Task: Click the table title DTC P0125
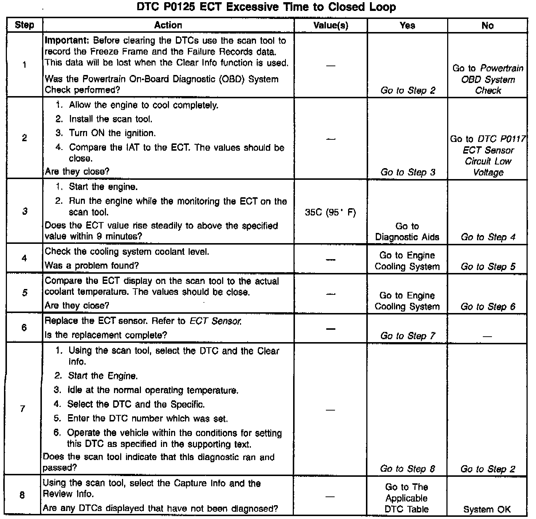click(266, 7)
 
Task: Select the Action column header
click(168, 25)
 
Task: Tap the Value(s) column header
click(331, 25)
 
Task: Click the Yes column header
click(407, 25)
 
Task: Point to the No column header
click(487, 25)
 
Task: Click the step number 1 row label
click(24, 65)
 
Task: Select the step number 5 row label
click(24, 293)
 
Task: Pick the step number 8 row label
click(22, 495)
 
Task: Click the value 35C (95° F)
click(330, 212)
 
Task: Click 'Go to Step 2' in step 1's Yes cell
click(407, 90)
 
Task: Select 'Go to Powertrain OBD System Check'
click(488, 79)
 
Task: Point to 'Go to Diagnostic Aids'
click(407, 231)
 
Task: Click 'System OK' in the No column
click(487, 510)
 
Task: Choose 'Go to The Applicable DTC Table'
click(407, 498)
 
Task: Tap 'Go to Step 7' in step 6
click(407, 336)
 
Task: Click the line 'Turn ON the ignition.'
click(112, 133)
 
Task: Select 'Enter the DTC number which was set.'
click(147, 419)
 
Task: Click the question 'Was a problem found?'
click(92, 266)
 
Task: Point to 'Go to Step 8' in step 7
click(407, 469)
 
